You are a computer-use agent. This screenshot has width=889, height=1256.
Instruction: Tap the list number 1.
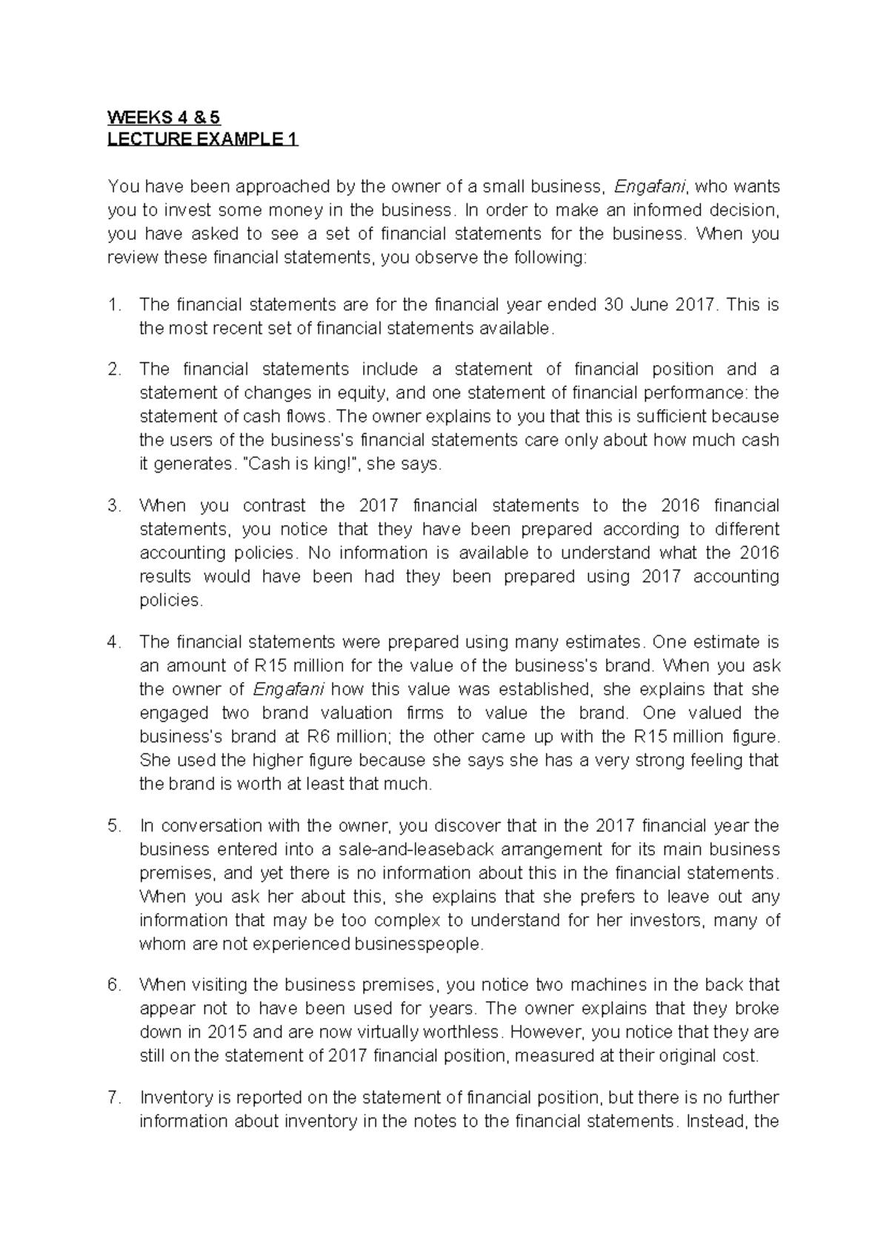[113, 304]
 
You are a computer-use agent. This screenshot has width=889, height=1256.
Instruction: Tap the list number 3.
[113, 506]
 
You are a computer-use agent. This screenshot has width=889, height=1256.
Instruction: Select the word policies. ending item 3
[170, 601]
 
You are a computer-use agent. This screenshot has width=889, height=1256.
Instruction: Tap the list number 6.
[113, 985]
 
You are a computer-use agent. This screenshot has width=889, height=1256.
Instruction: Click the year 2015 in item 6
[229, 1032]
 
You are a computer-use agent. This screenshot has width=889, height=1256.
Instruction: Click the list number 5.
[113, 826]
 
